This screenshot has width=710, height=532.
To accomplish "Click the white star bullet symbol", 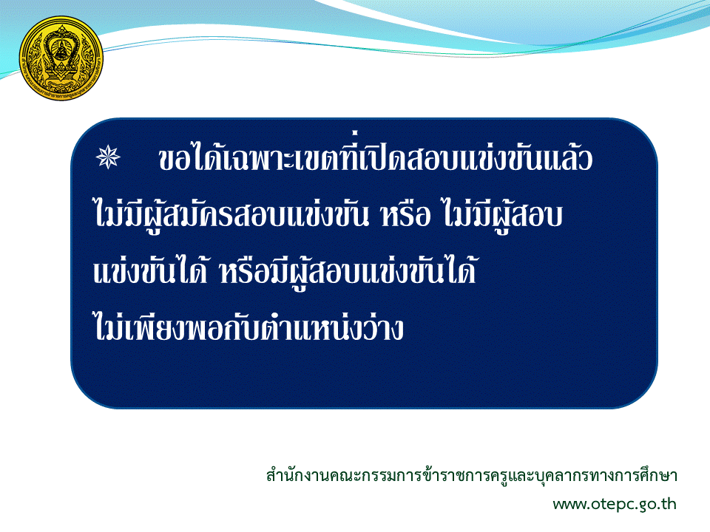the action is coord(108,157).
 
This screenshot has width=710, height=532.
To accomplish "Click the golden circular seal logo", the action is coord(61,58).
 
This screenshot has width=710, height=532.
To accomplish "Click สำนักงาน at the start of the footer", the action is coord(298,475).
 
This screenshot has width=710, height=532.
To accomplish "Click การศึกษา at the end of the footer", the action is coord(649,475).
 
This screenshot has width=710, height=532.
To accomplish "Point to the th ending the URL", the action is coord(669,503).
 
